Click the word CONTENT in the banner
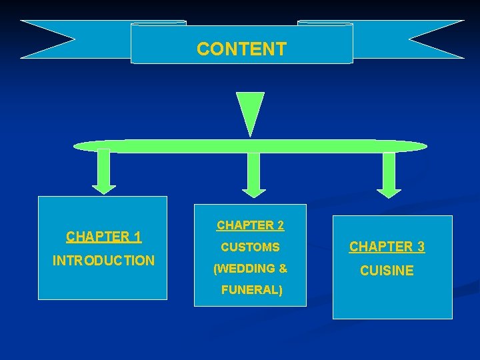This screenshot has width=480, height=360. tap(241, 49)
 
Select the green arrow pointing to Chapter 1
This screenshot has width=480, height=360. tap(104, 171)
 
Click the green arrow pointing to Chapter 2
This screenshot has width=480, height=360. tap(253, 174)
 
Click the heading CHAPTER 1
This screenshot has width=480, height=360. tap(103, 237)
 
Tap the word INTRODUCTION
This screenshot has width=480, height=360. tap(103, 260)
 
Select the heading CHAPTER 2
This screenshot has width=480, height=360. tap(250, 225)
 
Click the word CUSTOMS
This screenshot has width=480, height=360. tap(250, 247)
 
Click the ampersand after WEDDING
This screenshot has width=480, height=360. tap(283, 269)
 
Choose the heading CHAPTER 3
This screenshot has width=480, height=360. tap(387, 247)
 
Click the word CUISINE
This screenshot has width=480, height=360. tap(387, 271)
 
